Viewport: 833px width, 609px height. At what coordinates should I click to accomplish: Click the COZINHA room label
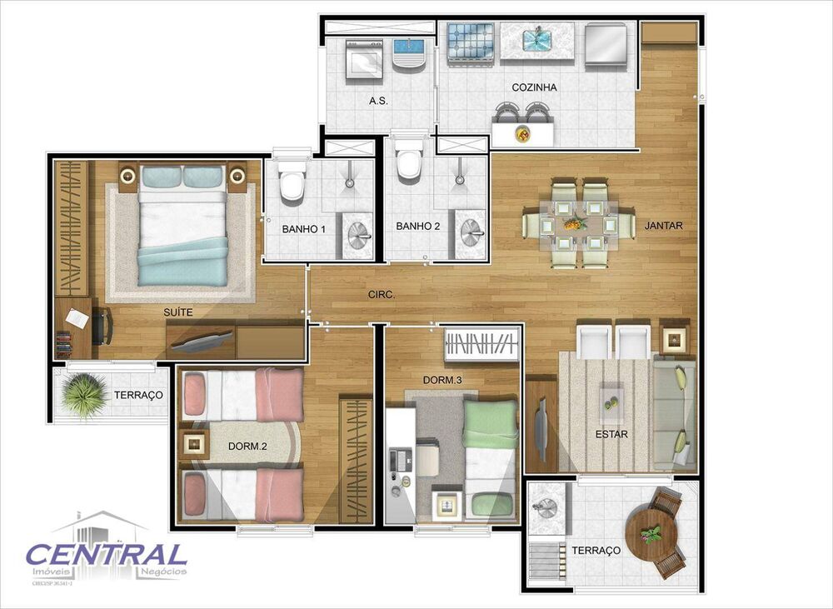click(535, 87)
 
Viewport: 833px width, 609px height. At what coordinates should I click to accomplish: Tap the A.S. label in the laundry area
click(379, 101)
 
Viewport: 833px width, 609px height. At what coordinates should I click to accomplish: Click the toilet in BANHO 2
click(409, 164)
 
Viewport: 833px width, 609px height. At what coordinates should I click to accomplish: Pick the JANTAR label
click(663, 225)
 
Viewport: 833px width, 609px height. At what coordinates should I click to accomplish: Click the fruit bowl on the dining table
click(574, 223)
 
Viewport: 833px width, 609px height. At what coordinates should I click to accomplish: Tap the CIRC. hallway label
click(382, 295)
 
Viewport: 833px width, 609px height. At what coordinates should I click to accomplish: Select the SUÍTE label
click(178, 312)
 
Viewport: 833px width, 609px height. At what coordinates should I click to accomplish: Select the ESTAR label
click(611, 434)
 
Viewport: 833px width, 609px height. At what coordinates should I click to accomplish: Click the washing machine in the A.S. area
click(362, 58)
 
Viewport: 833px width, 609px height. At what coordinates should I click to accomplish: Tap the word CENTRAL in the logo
click(106, 554)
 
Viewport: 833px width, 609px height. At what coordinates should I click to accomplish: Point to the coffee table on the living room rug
click(612, 397)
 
